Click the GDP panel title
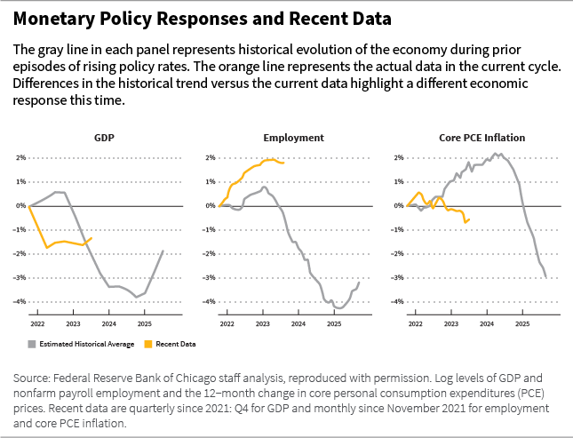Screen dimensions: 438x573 click(105, 138)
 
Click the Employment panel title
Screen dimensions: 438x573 click(293, 138)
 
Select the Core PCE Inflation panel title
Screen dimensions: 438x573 click(481, 138)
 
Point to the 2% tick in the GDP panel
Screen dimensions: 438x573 click(20, 158)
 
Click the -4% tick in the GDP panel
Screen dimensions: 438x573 click(20, 302)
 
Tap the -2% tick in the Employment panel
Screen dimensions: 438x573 click(208, 254)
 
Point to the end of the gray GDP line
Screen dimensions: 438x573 click(163, 251)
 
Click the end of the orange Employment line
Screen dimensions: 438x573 click(283, 163)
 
